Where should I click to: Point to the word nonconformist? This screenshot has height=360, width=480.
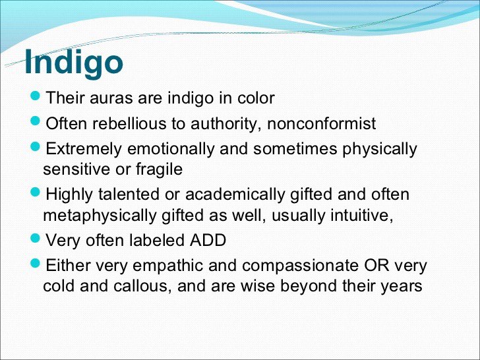tap(322, 123)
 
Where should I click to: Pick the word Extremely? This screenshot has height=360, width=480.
tap(84, 150)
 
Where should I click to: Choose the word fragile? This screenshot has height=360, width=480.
tap(159, 169)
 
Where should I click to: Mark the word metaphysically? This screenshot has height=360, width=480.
tap(100, 216)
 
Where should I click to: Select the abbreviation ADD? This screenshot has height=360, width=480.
tap(208, 240)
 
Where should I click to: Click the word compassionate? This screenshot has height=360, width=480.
tap(300, 266)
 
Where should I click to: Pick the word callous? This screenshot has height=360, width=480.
tap(142, 286)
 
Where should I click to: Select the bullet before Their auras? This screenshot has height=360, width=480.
tap(36, 96)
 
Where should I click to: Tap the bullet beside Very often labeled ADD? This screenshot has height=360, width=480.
tap(36, 238)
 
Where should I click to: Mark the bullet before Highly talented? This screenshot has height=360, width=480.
tap(36, 193)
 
